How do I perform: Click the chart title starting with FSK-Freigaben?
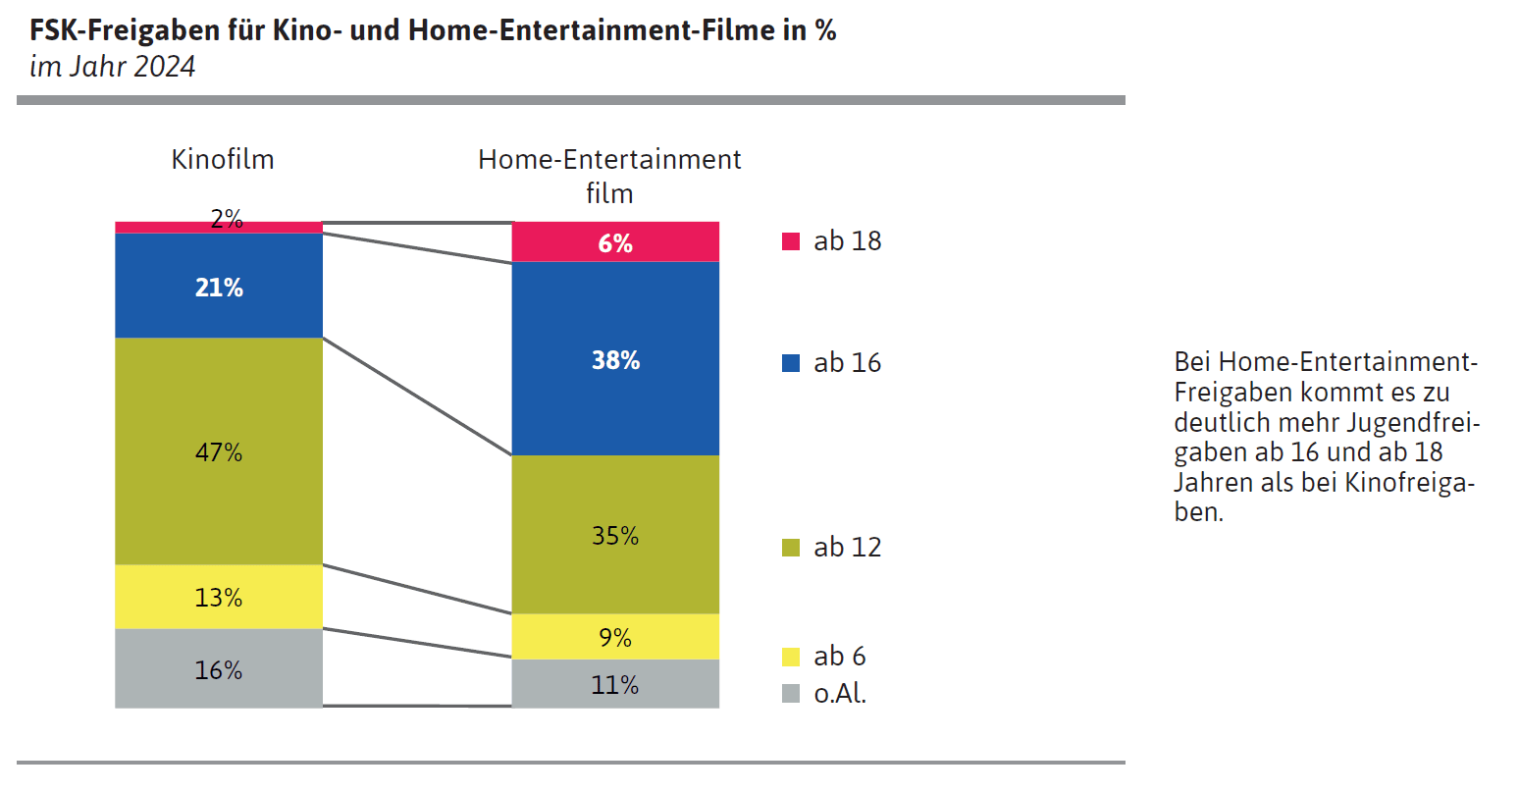433,30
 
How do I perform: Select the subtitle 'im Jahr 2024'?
113,66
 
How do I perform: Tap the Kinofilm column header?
223,159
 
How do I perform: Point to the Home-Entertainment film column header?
609,175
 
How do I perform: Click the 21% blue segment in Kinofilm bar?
219,286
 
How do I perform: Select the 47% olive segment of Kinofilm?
219,451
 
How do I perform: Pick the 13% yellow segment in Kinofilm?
219,597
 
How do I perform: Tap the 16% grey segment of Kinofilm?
219,669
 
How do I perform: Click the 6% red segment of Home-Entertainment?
615,242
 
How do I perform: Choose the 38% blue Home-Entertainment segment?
615,359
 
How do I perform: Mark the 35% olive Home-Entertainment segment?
615,535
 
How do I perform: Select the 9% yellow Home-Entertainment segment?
615,637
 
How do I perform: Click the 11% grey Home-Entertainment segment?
615,684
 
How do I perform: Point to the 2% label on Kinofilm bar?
227,219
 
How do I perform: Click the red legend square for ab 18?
791,241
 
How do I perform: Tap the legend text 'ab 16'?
847,363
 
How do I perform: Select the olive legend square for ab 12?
791,548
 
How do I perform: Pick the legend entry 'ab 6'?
839,656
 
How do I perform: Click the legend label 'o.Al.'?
840,694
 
